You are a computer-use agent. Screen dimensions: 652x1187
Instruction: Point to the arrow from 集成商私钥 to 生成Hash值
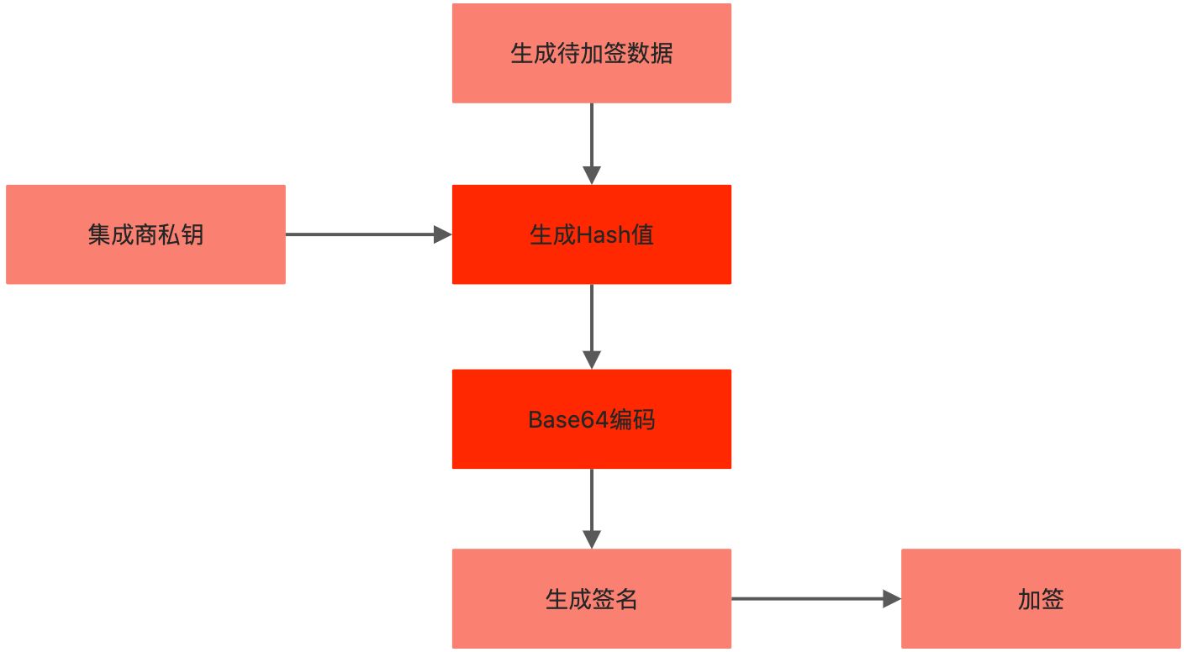point(361,234)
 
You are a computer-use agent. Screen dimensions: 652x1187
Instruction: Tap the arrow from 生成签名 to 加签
point(807,599)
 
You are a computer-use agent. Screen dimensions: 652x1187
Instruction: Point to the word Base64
point(567,419)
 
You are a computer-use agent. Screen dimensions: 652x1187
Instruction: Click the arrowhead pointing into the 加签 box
point(891,599)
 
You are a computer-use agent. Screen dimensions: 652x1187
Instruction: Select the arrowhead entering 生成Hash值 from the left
point(442,234)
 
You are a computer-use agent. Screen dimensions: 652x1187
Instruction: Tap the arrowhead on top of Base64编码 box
point(592,360)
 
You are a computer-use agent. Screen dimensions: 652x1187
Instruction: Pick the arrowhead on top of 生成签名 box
point(592,539)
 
